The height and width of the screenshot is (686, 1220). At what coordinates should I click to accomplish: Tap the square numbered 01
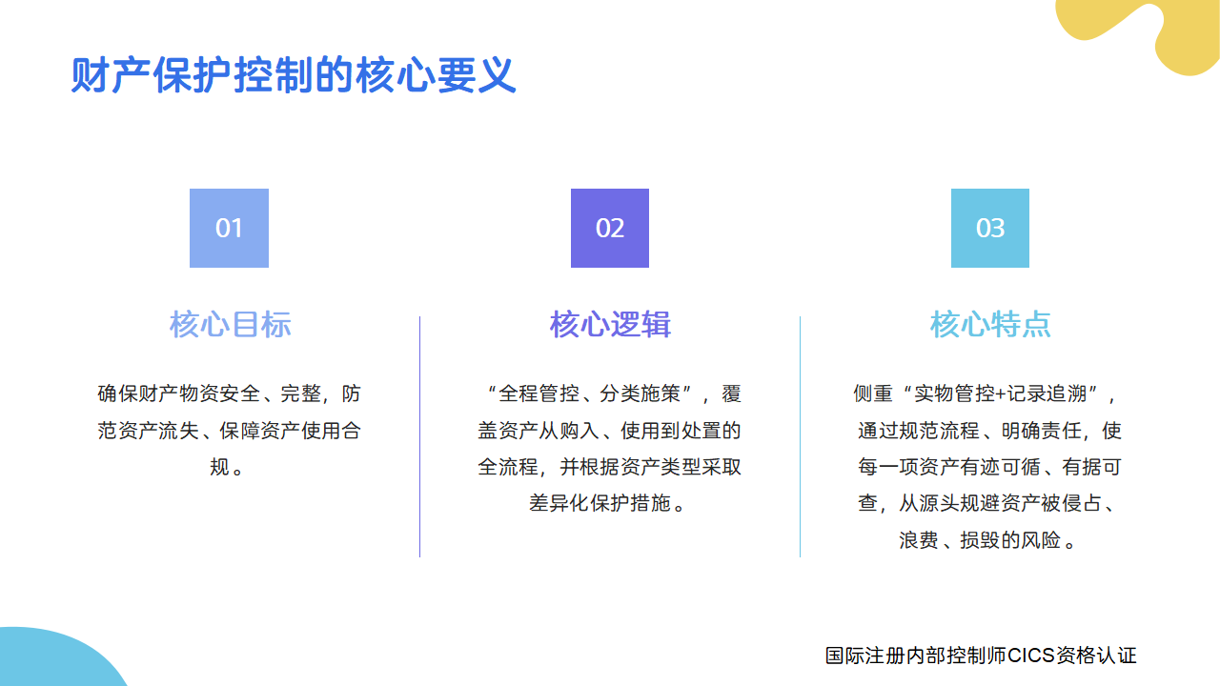229,228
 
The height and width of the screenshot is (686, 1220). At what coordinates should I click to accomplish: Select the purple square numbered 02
610,228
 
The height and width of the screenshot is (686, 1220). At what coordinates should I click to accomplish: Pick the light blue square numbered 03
990,228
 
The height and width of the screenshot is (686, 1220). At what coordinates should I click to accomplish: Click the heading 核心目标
230,324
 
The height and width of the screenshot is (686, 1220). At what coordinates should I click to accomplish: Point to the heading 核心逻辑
610,324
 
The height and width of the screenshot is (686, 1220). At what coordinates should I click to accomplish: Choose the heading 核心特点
990,324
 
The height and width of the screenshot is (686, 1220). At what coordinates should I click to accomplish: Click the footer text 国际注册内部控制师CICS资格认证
981,656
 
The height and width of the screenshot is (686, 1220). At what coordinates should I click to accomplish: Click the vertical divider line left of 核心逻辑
419,436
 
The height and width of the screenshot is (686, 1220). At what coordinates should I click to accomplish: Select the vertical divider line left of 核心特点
800,436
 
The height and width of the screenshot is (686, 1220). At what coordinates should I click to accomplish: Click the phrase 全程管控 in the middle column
538,393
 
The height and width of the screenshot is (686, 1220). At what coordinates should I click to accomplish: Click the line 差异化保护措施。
609,503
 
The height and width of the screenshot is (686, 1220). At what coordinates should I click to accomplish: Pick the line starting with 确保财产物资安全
229,393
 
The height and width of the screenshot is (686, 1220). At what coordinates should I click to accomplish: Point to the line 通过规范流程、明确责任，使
989,431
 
